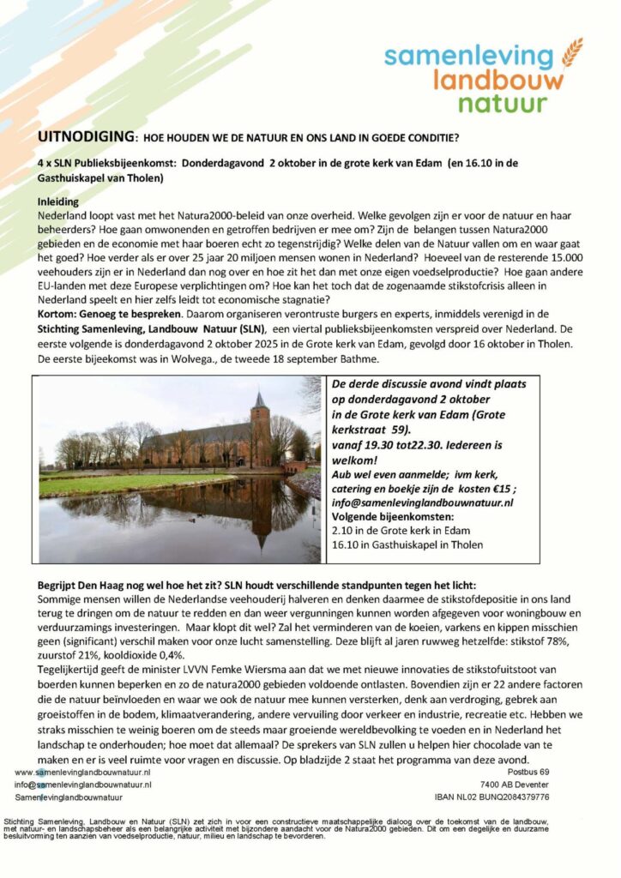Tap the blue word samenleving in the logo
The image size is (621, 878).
(468, 57)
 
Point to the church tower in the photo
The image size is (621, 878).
(260, 420)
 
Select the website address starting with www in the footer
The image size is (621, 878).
(83, 773)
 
